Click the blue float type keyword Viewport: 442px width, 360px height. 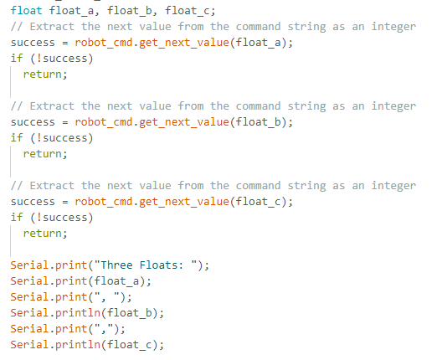point(27,11)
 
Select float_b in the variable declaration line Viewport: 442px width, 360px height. point(130,11)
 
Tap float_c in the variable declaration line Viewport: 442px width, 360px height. point(188,11)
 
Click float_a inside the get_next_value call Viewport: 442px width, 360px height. point(258,43)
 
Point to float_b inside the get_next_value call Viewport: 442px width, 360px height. point(258,122)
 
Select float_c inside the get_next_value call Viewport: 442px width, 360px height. point(258,202)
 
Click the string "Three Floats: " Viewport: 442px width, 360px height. point(146,265)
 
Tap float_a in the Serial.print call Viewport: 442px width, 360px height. point(116,281)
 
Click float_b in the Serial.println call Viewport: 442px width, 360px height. point(130,313)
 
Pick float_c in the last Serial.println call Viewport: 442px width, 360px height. point(130,345)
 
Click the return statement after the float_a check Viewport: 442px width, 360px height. point(45,75)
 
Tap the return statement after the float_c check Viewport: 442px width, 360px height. point(45,234)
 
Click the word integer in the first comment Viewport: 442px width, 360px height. point(393,27)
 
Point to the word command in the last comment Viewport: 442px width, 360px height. point(258,186)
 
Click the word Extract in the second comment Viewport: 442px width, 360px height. point(52,106)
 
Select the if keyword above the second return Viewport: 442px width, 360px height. point(17,138)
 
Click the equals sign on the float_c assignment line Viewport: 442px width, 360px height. point(65,202)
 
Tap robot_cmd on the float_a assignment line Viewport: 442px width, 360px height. point(104,43)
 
